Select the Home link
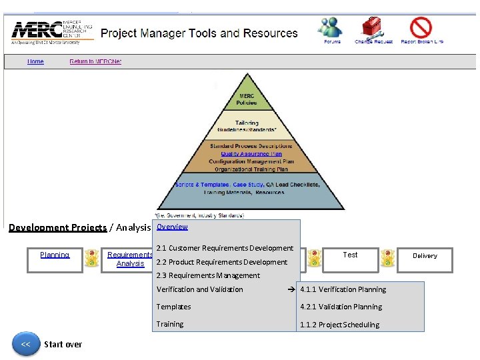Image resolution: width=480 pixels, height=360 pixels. (35, 61)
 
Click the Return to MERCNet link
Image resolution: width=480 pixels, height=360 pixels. (95, 61)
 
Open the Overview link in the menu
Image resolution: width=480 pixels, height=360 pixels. (172, 227)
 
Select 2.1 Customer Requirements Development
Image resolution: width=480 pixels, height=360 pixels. (224, 248)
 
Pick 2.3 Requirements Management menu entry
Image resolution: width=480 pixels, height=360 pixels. (207, 275)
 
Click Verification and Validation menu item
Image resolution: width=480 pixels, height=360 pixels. (199, 289)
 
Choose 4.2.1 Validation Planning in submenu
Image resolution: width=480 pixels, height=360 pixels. (341, 307)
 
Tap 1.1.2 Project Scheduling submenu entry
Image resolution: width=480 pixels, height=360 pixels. (339, 325)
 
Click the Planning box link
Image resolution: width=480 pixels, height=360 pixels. (55, 255)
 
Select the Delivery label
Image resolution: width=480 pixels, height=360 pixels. (425, 255)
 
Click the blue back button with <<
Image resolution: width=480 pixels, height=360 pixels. (25, 344)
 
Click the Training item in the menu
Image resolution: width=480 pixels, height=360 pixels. (169, 324)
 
